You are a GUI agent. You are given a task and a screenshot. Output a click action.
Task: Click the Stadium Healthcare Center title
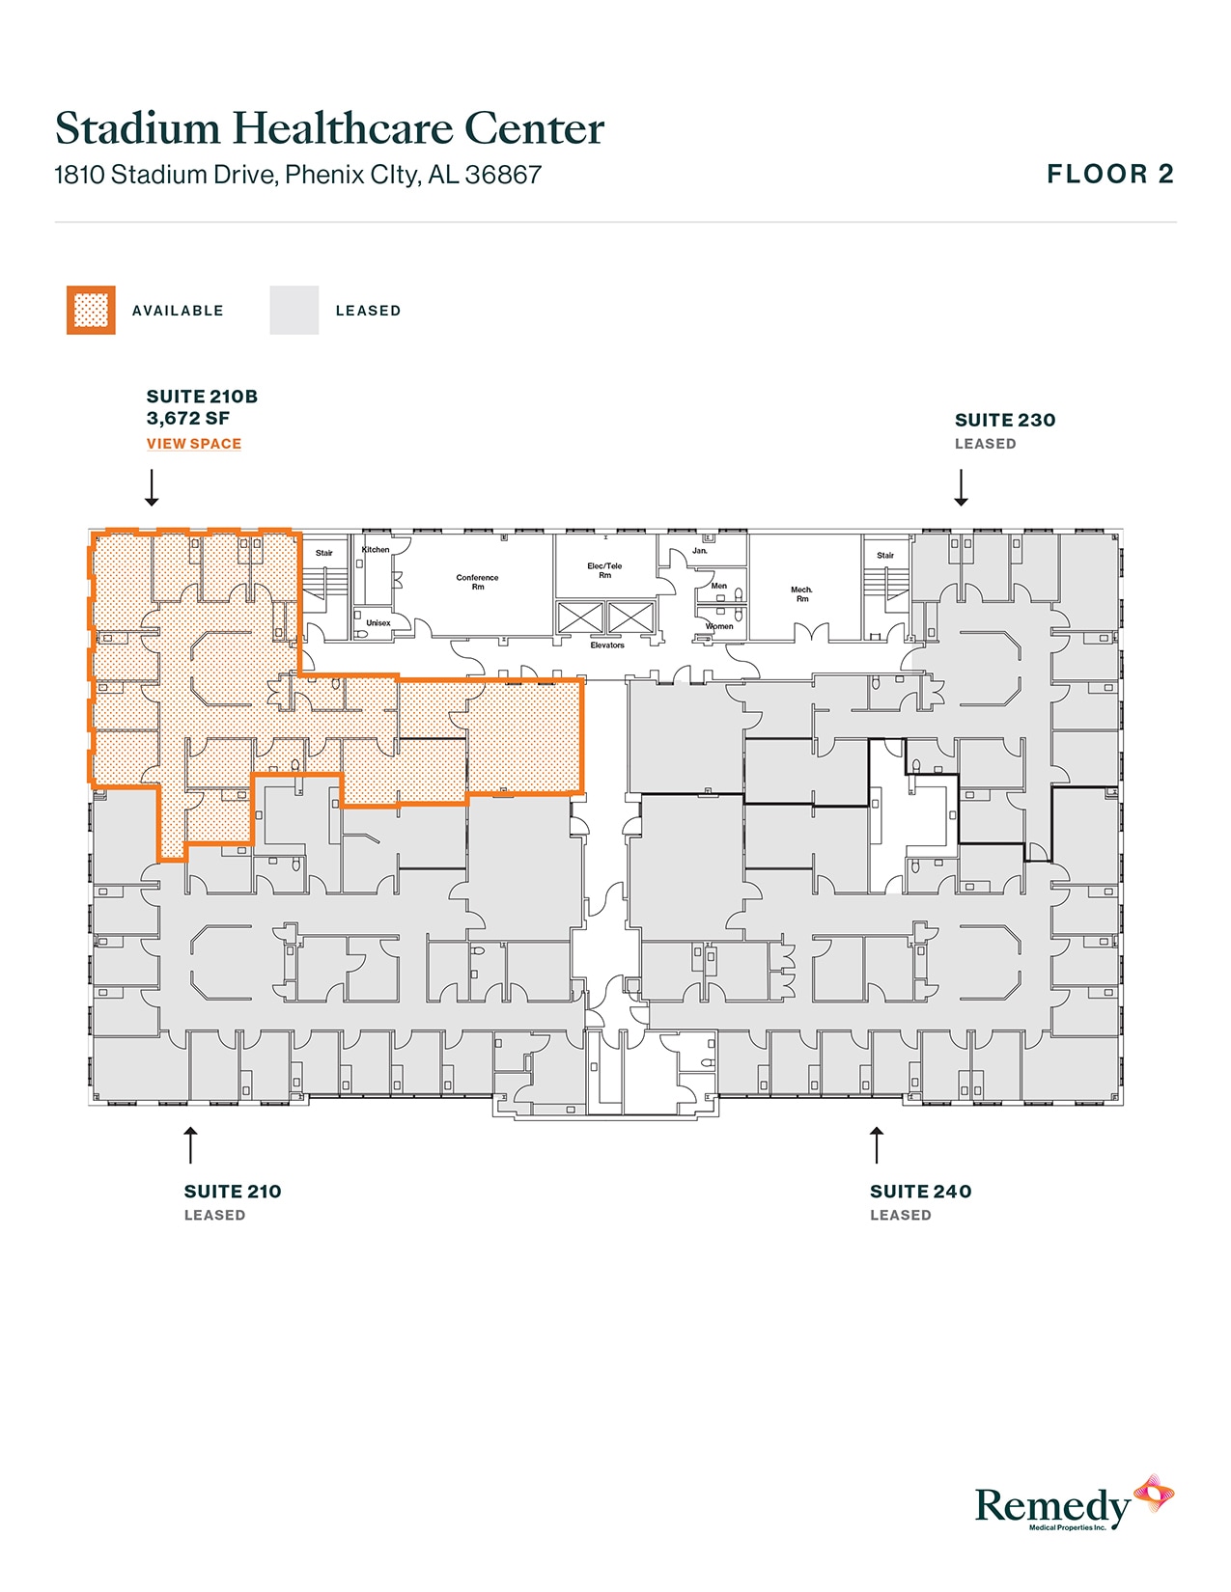(x=329, y=128)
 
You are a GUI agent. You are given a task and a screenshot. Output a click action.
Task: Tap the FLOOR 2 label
(x=1110, y=175)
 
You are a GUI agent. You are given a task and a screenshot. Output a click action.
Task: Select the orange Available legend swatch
(x=91, y=311)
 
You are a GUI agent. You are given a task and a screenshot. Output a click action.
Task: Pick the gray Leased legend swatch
(x=294, y=311)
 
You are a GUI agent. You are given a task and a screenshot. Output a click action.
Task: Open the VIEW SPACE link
(x=194, y=444)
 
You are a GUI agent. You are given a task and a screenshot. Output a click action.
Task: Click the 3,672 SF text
(x=188, y=419)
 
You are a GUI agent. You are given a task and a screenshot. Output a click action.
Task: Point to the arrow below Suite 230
(x=961, y=487)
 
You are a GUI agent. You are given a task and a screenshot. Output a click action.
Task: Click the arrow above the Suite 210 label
(x=190, y=1144)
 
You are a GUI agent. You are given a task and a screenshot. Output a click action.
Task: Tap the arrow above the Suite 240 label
(x=877, y=1144)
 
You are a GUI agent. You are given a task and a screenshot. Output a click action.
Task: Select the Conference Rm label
(x=478, y=582)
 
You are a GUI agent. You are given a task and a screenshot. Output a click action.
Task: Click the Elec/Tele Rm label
(x=605, y=570)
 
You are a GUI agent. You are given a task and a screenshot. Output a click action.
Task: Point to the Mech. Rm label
(x=801, y=593)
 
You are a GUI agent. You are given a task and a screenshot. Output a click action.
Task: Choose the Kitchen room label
(x=376, y=550)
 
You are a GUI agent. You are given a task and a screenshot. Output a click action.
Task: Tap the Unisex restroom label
(x=378, y=623)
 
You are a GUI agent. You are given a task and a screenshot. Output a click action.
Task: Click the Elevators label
(x=607, y=645)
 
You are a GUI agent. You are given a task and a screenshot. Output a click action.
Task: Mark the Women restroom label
(x=719, y=626)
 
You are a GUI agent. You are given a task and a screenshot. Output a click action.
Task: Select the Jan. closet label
(x=700, y=551)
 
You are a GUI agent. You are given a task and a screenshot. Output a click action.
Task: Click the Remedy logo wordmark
(x=1052, y=1505)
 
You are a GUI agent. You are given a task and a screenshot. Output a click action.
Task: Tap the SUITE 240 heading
(x=920, y=1192)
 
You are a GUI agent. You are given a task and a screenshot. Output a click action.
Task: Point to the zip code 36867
(x=503, y=175)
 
